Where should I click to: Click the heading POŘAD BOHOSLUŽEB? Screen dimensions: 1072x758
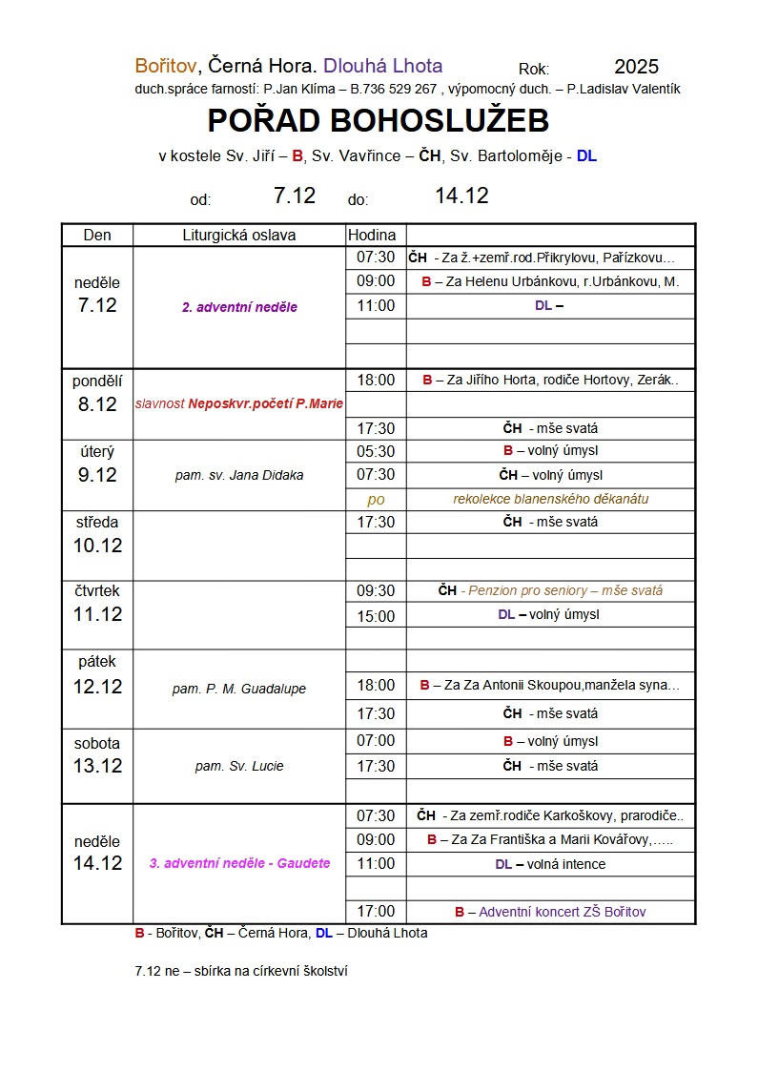(379, 121)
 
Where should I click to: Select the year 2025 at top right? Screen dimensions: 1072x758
(636, 67)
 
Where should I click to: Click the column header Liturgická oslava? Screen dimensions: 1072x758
(239, 236)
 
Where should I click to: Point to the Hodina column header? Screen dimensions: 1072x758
(372, 236)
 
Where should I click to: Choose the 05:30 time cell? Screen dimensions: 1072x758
(376, 451)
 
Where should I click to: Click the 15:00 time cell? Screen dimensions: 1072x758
(376, 616)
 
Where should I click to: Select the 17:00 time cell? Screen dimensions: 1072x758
(376, 912)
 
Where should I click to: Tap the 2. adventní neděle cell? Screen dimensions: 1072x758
(239, 307)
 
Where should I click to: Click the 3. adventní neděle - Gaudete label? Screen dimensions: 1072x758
(239, 863)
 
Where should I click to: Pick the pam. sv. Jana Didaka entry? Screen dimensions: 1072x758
(239, 475)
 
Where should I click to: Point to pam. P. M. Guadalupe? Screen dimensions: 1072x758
(239, 689)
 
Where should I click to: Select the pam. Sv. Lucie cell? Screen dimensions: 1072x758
(239, 766)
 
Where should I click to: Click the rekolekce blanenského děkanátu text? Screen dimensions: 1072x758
(551, 499)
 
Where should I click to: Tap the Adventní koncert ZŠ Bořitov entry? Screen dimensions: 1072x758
(562, 912)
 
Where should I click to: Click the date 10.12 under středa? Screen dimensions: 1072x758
(97, 546)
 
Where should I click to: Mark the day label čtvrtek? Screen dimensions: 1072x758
(97, 591)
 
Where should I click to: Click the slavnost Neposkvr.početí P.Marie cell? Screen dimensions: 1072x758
(239, 403)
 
